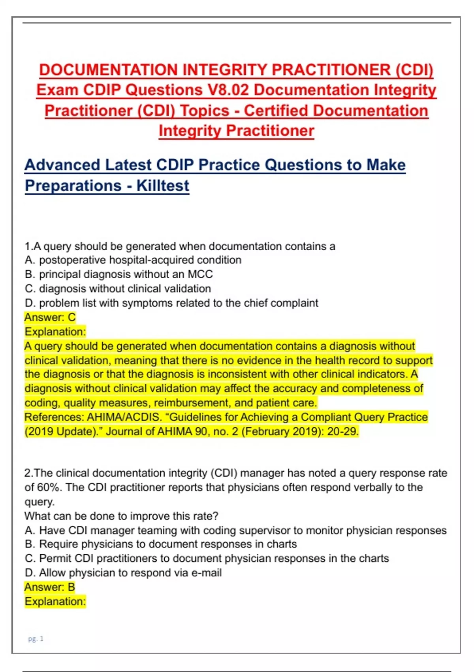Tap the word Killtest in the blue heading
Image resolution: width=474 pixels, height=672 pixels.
[163, 185]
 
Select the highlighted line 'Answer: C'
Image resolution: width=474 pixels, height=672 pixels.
[50, 317]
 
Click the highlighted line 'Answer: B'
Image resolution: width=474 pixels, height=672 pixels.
[50, 587]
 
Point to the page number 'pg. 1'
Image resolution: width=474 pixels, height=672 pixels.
[36, 638]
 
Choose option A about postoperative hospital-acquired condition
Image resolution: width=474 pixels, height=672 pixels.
[133, 260]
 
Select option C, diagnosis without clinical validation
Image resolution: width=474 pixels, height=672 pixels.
[118, 289]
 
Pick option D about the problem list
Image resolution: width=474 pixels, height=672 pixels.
[171, 303]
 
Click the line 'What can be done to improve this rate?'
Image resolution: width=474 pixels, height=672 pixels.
[121, 516]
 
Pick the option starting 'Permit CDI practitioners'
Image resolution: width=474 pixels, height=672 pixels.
[207, 559]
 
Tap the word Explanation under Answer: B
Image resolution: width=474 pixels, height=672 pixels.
[55, 601]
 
